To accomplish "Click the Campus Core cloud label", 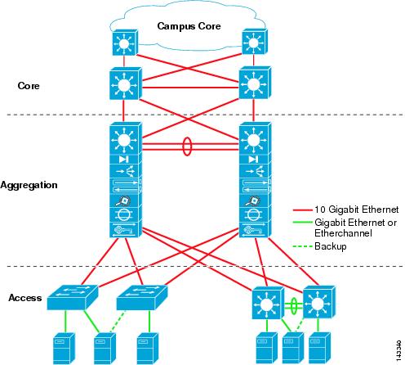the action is (x=189, y=26).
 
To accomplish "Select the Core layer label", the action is (x=29, y=86).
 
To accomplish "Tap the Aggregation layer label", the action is (x=29, y=185).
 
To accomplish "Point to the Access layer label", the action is (x=25, y=298).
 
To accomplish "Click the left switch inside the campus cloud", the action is (x=125, y=43).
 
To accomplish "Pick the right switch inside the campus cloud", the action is (x=255, y=43).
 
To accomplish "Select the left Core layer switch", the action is (x=126, y=83).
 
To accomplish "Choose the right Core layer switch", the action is (x=255, y=83).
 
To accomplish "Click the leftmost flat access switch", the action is (x=73, y=298).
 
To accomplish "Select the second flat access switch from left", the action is (x=142, y=298).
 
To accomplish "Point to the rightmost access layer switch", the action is (x=319, y=302).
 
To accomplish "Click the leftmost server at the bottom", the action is (x=64, y=348).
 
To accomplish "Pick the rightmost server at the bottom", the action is (x=320, y=348).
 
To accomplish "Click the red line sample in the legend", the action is (x=302, y=210).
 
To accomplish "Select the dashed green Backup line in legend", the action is (x=302, y=246).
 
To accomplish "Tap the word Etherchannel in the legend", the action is (x=343, y=233).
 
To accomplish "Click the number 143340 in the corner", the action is (x=398, y=350).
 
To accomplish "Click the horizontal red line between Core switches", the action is (x=190, y=88).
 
